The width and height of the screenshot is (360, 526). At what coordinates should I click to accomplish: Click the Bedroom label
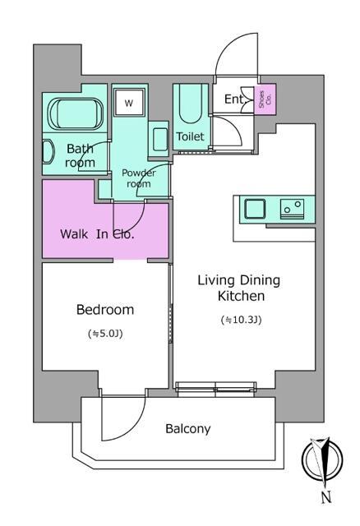105,309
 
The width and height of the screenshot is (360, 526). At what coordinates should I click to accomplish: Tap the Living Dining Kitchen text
238,288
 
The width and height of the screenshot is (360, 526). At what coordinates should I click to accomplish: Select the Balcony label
188,429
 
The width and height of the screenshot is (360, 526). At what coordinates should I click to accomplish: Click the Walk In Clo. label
97,233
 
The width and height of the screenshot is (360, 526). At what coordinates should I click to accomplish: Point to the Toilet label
190,136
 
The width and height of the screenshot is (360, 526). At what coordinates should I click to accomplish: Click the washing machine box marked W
129,103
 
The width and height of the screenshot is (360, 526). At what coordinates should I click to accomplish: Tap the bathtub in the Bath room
75,114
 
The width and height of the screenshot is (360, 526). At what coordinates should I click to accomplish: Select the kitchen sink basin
255,209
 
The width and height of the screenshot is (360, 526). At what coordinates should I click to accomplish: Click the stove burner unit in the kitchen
293,209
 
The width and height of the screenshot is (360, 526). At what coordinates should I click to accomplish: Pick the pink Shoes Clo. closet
265,99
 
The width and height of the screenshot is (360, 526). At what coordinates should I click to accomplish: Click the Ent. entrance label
233,99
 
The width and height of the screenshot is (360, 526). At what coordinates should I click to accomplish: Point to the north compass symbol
322,459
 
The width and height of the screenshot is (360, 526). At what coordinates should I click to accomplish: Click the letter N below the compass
326,496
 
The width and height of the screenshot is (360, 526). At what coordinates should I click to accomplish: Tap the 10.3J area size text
241,320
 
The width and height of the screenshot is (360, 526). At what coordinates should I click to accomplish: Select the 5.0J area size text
105,334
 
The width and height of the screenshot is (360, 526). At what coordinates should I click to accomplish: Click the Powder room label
139,178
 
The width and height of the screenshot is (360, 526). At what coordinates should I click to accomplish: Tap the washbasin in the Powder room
160,139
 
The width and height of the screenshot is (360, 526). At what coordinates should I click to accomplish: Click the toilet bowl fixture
190,106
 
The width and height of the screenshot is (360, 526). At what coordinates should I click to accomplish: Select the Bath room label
80,155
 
